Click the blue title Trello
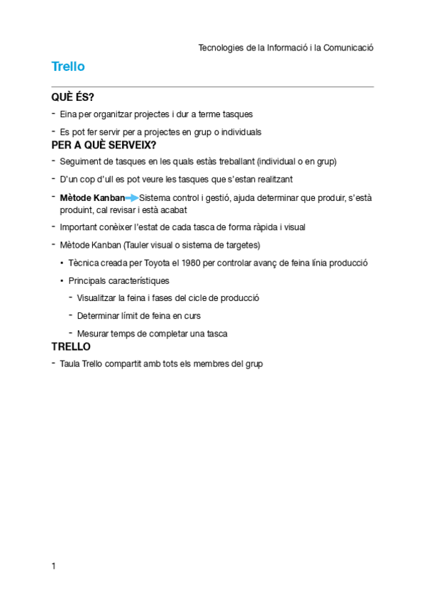68,67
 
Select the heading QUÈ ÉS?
73,97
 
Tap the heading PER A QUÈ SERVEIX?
104,145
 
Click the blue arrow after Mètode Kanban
132,198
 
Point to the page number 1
54,566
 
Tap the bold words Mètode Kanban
92,198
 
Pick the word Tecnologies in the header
220,48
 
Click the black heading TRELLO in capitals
71,347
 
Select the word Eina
68,114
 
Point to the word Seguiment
81,162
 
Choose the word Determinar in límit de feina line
99,316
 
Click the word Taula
70,364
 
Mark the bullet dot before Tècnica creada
62,263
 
